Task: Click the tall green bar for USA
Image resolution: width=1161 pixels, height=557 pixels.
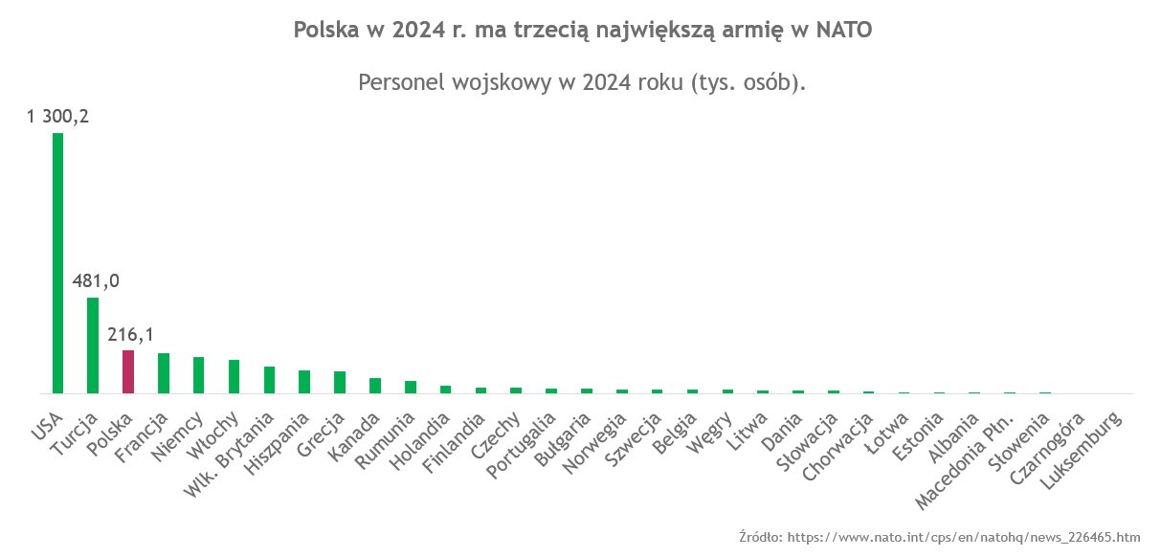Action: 57,263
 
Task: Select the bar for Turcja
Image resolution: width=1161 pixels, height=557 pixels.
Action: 93,345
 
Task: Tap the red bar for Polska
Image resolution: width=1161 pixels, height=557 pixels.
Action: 128,372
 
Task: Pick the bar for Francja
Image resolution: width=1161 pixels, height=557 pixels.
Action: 164,373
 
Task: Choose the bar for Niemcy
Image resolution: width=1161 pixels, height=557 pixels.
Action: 199,375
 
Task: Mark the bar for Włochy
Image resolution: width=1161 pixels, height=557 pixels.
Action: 234,377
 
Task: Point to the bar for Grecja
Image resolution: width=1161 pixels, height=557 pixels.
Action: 340,383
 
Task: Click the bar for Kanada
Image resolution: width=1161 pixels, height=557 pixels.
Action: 375,386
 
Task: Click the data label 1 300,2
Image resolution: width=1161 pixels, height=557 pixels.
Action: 57,117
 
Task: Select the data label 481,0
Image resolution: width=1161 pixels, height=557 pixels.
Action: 96,281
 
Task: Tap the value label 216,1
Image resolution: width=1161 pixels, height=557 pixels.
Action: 130,334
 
